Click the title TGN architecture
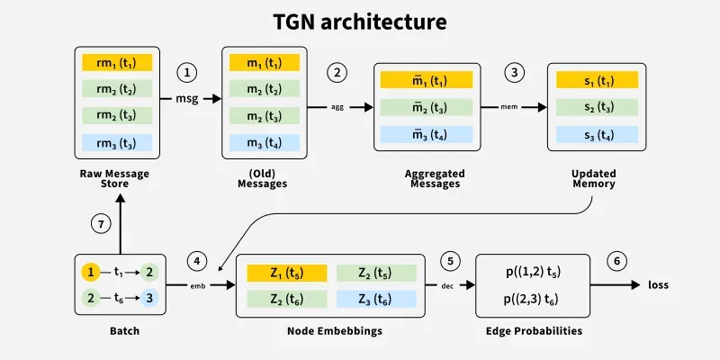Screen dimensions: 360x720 point(359,21)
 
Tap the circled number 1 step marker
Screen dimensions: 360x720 point(188,72)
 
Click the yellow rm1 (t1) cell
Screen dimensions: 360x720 point(117,63)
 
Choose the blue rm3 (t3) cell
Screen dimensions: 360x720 point(117,142)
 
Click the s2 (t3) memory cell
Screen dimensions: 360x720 point(597,108)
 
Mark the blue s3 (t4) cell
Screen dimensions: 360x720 point(597,136)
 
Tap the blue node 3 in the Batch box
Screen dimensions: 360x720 point(149,296)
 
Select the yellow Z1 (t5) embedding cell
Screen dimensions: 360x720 point(287,272)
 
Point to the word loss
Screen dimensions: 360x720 point(658,285)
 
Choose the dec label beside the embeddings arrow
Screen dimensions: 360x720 point(447,285)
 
